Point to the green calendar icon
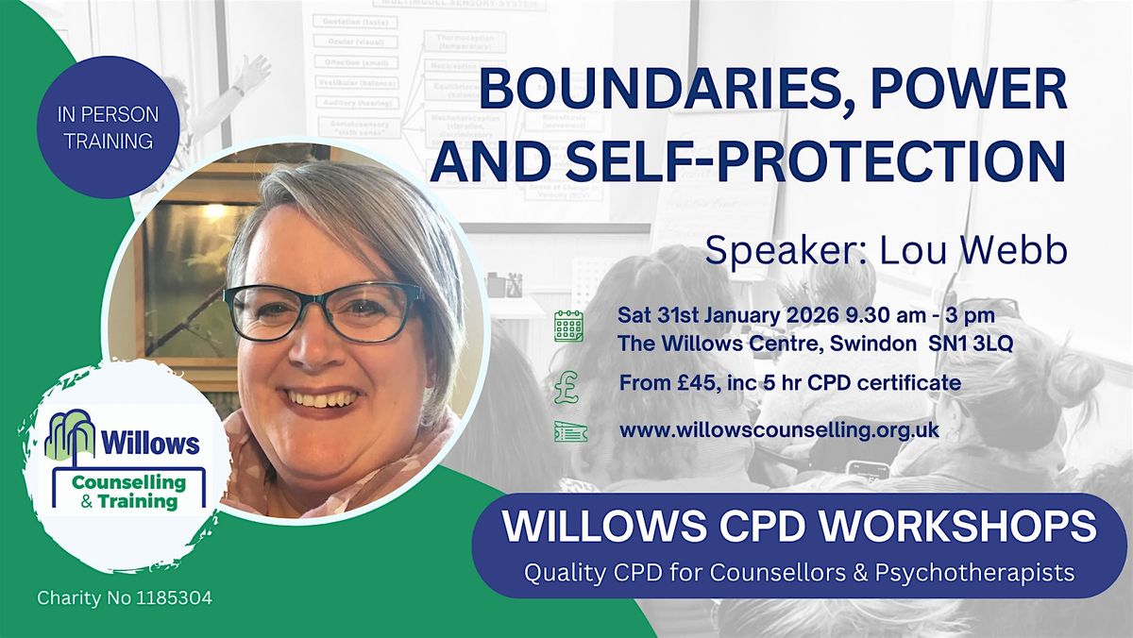[x=568, y=327]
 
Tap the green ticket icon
[x=568, y=430]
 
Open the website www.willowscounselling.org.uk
[x=779, y=430]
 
